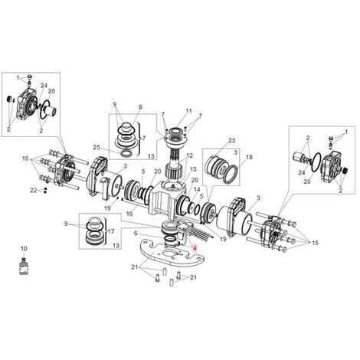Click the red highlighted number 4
point(195,249)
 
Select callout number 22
point(33,190)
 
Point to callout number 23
point(233,140)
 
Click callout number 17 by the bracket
point(111,229)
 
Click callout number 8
point(140,108)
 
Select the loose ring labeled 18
point(228,174)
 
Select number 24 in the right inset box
point(302,173)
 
